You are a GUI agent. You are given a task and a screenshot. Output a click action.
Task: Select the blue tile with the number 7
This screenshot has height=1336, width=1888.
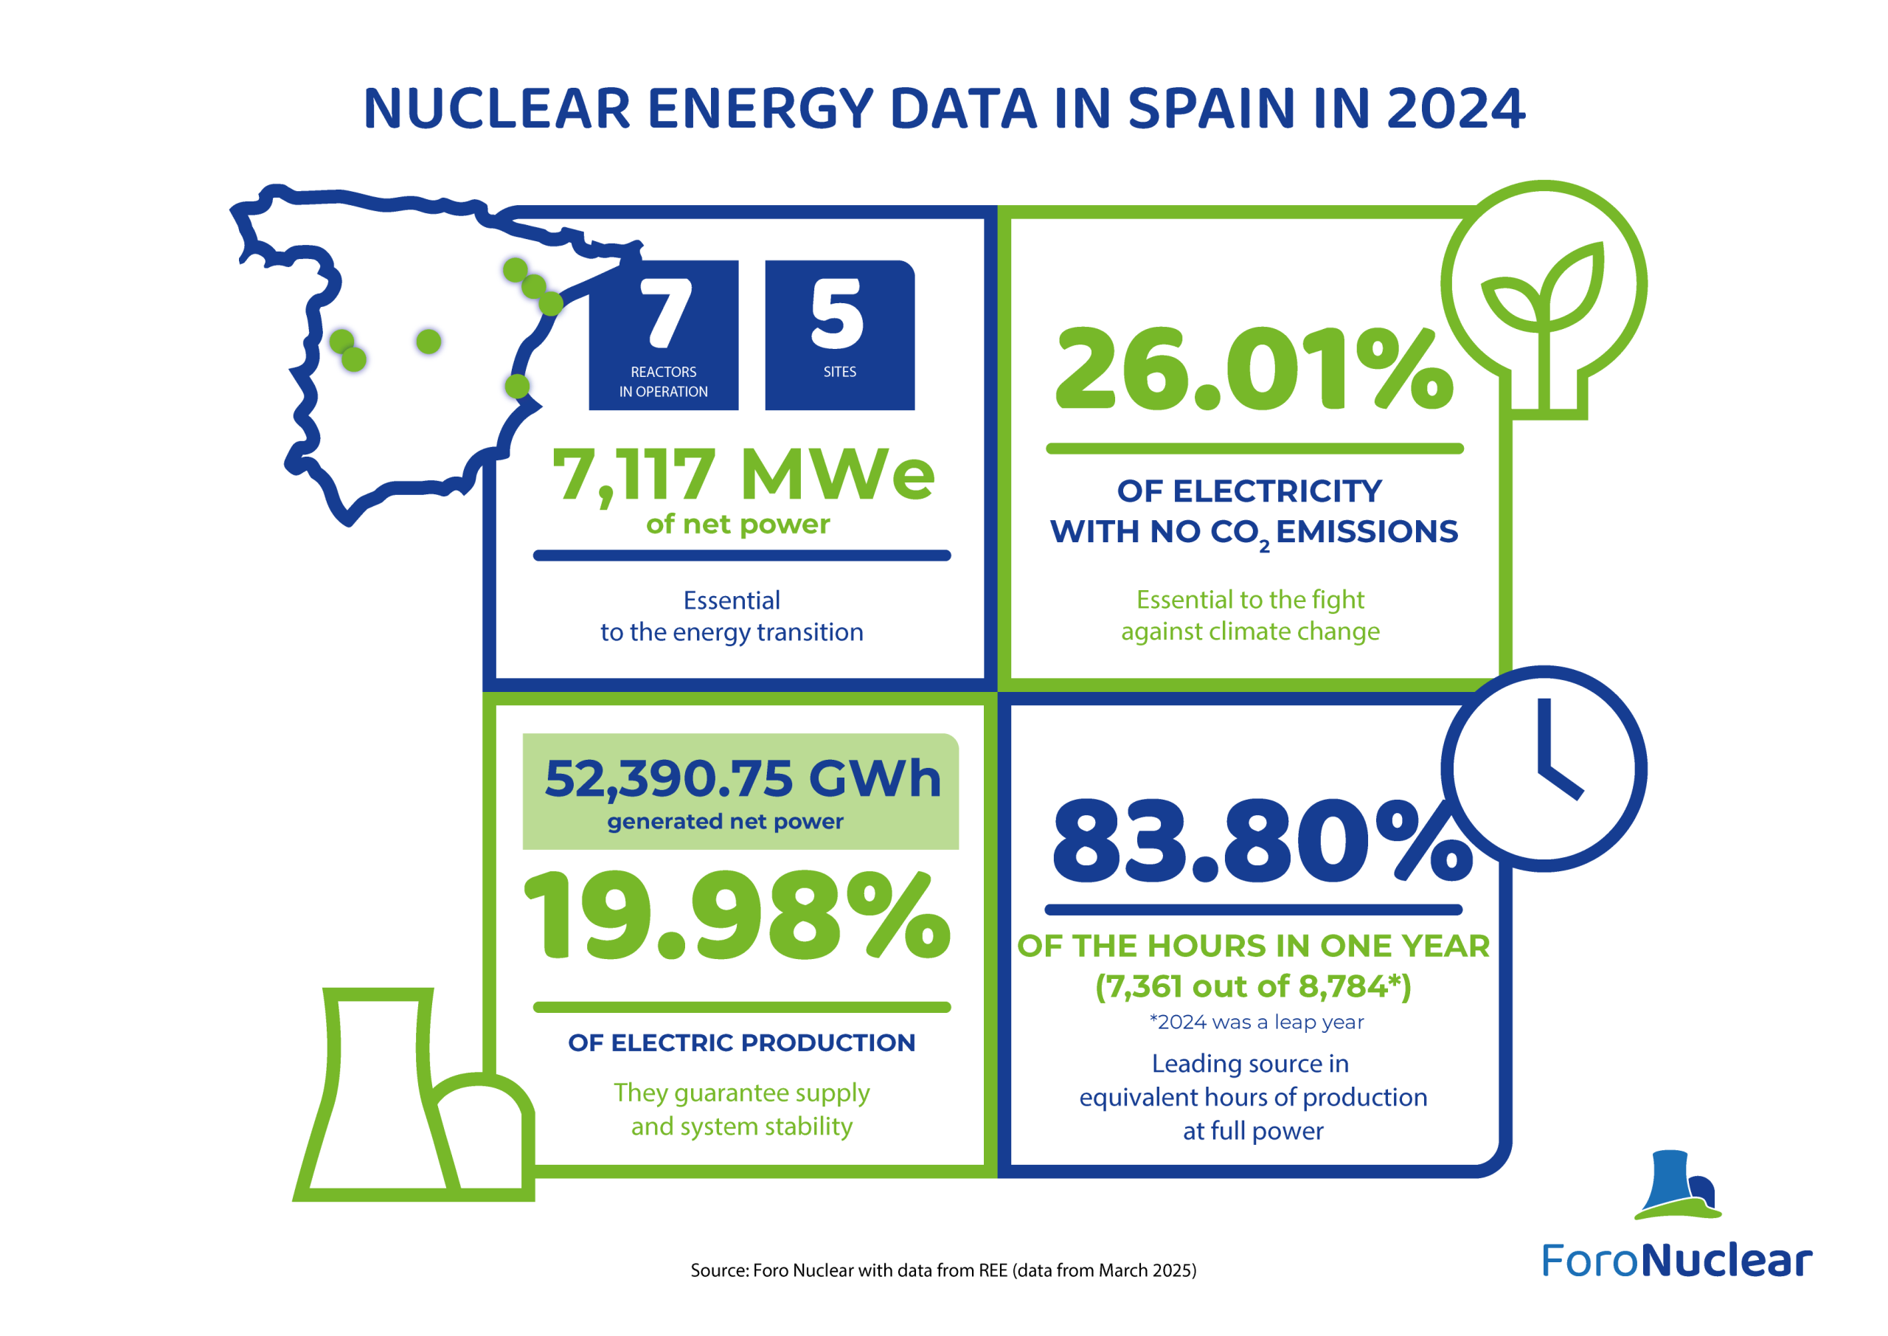pos(664,335)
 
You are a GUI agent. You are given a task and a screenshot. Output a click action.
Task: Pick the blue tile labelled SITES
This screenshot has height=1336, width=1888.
pos(839,335)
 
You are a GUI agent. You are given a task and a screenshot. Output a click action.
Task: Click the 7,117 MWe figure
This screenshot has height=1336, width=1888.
pos(743,474)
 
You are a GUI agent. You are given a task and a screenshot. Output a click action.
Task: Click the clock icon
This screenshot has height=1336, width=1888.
pos(1544,769)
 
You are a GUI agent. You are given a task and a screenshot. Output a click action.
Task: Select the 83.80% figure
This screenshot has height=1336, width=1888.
pos(1262,841)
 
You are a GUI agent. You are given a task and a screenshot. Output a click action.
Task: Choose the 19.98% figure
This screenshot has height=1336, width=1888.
pos(737,916)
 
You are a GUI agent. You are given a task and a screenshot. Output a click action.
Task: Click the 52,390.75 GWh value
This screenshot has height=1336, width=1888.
pos(743,778)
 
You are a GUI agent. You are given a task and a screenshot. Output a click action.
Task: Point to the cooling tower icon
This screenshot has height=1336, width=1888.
pos(414,1094)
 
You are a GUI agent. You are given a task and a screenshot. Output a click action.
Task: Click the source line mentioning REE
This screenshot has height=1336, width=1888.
pos(943,1270)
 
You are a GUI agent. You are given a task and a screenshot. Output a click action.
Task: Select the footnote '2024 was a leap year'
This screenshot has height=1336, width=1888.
pos(1257,1022)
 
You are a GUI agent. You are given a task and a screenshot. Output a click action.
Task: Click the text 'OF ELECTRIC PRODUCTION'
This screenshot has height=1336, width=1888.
pos(742,1042)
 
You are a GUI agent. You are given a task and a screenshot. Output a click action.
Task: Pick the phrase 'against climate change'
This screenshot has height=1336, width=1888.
pos(1250,631)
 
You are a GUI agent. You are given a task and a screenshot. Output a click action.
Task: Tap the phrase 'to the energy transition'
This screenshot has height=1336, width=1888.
pos(732,633)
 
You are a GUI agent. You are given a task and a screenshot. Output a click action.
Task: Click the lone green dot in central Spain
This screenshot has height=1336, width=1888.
pos(428,341)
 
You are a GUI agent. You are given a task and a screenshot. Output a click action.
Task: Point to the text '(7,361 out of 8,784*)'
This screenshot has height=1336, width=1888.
pos(1253,986)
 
